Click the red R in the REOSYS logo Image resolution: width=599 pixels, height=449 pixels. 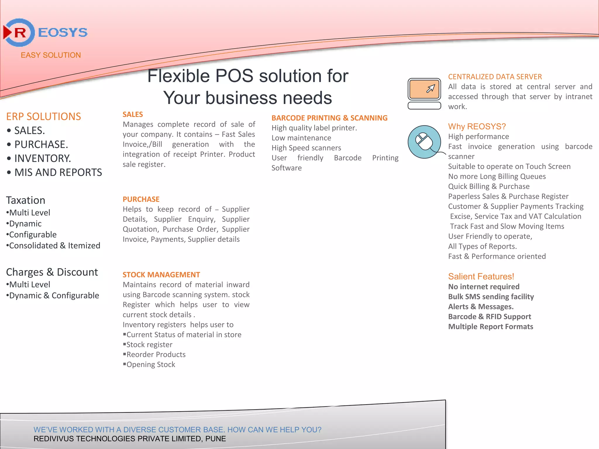click(20, 33)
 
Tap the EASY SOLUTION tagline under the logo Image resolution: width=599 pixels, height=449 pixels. click(51, 55)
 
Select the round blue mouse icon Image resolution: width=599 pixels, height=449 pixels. click(424, 142)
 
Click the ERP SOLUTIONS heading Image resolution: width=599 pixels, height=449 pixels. click(44, 117)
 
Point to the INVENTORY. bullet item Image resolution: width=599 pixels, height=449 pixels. click(43, 158)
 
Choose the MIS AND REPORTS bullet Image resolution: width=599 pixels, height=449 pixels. click(58, 172)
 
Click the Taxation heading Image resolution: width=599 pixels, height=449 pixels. click(26, 200)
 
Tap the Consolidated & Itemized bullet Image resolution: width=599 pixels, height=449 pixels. click(54, 246)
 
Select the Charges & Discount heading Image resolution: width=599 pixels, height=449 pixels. click(52, 272)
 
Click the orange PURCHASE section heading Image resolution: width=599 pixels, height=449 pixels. click(141, 199)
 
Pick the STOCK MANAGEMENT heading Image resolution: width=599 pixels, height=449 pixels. click(161, 275)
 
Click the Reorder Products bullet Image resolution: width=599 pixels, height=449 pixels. click(156, 355)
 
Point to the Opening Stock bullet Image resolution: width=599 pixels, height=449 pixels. click(151, 365)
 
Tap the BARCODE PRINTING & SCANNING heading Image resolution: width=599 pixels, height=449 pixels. click(329, 118)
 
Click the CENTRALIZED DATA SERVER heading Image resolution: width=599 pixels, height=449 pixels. click(495, 77)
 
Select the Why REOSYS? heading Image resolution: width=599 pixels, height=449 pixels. click(477, 127)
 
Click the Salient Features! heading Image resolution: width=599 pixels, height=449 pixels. click(481, 277)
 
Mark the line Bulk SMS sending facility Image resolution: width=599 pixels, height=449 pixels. click(491, 297)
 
